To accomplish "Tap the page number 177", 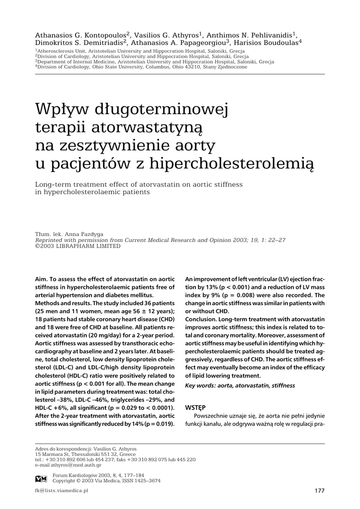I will pos(320,491).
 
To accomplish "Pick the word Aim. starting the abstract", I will pos(42,279).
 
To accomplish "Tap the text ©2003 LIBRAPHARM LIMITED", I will pos(78,246).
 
